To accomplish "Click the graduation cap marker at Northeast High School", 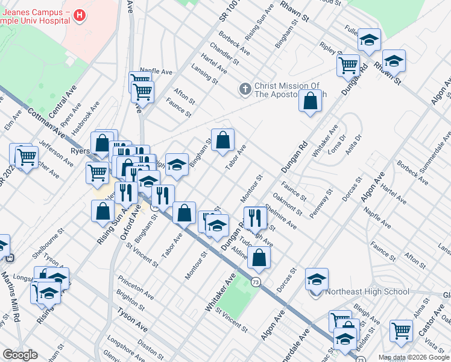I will (x=317, y=279).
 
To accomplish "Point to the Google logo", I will (x=19, y=355).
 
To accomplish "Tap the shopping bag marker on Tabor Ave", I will (x=222, y=141).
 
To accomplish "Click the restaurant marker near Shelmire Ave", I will (x=255, y=218).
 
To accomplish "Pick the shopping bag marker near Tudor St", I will (x=259, y=257).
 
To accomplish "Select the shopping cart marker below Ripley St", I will (x=348, y=65).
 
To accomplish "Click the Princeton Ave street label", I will (x=136, y=287).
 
